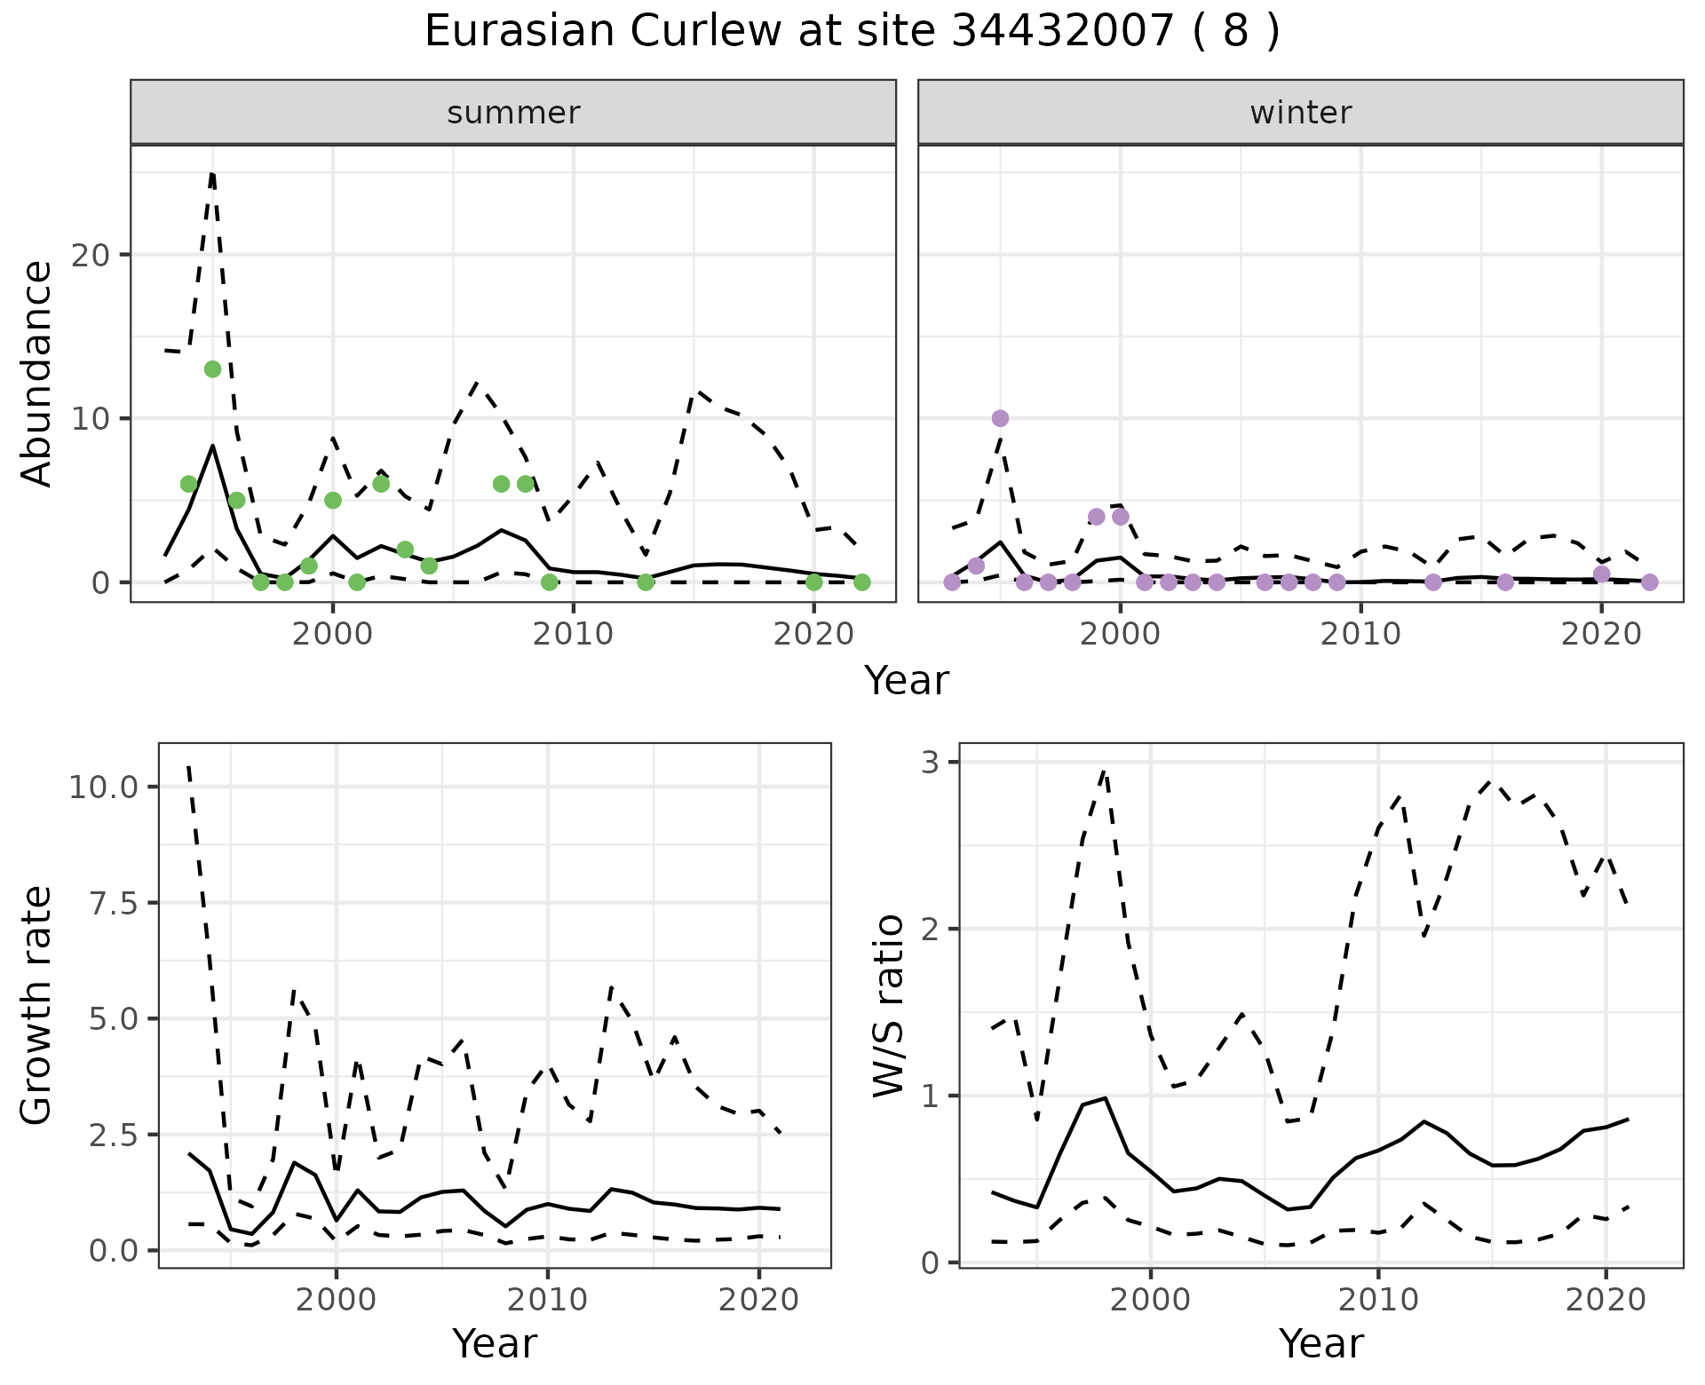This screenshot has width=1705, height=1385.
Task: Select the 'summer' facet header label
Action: (x=513, y=113)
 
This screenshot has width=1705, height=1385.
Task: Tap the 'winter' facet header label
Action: (x=1300, y=113)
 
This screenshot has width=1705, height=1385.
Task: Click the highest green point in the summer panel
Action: (x=212, y=369)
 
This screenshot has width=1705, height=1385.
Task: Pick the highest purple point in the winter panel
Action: (x=1000, y=418)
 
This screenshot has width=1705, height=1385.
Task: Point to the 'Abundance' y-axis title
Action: (x=37, y=373)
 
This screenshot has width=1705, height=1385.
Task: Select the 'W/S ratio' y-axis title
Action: (x=888, y=1005)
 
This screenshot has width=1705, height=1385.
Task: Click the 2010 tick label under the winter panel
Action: (x=1360, y=634)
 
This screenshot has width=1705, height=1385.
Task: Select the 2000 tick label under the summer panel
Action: (x=333, y=634)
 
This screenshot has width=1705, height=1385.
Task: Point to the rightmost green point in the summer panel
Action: (x=861, y=582)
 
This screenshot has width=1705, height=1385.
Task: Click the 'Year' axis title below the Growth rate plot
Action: (x=495, y=1344)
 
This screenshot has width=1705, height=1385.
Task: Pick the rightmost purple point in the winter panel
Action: (x=1649, y=582)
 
